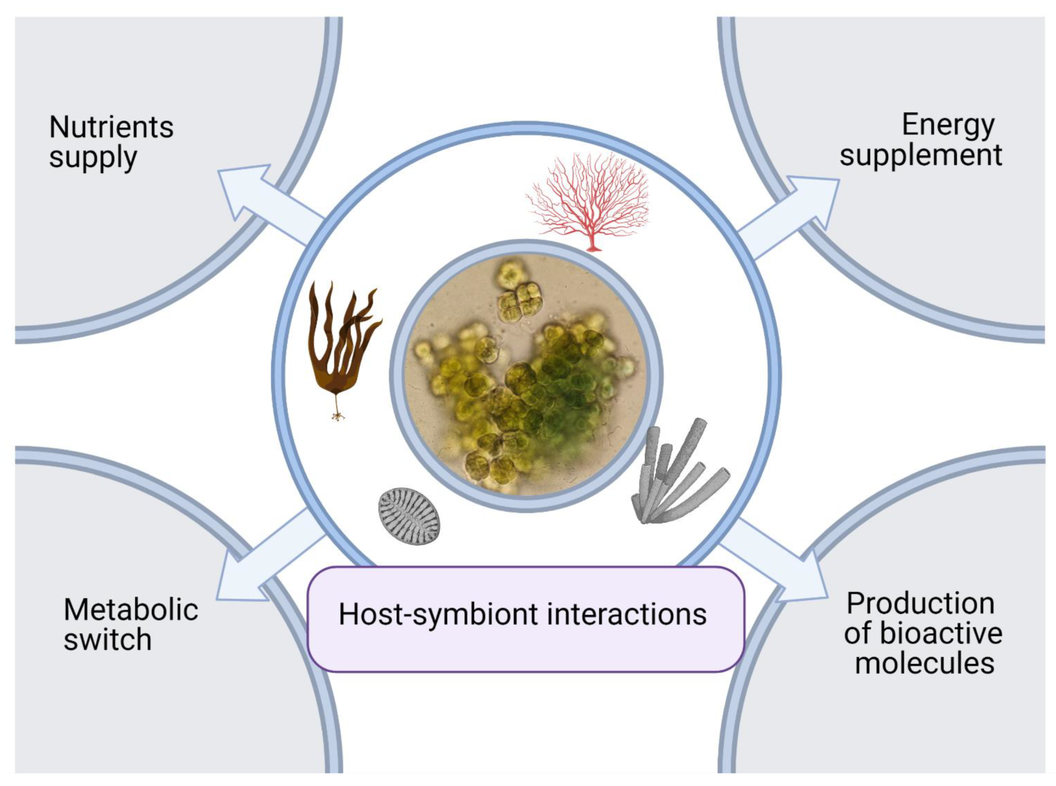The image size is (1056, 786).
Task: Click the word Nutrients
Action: coord(111,127)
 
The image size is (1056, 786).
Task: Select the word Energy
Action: coord(948,125)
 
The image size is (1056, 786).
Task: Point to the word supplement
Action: coord(921,156)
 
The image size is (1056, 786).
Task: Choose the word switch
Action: coord(108,640)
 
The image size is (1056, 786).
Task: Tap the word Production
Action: coord(920,604)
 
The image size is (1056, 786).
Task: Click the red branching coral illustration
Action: coord(588,200)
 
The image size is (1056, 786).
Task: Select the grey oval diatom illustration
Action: coord(409,516)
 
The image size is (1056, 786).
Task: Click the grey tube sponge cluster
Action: coord(675,476)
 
